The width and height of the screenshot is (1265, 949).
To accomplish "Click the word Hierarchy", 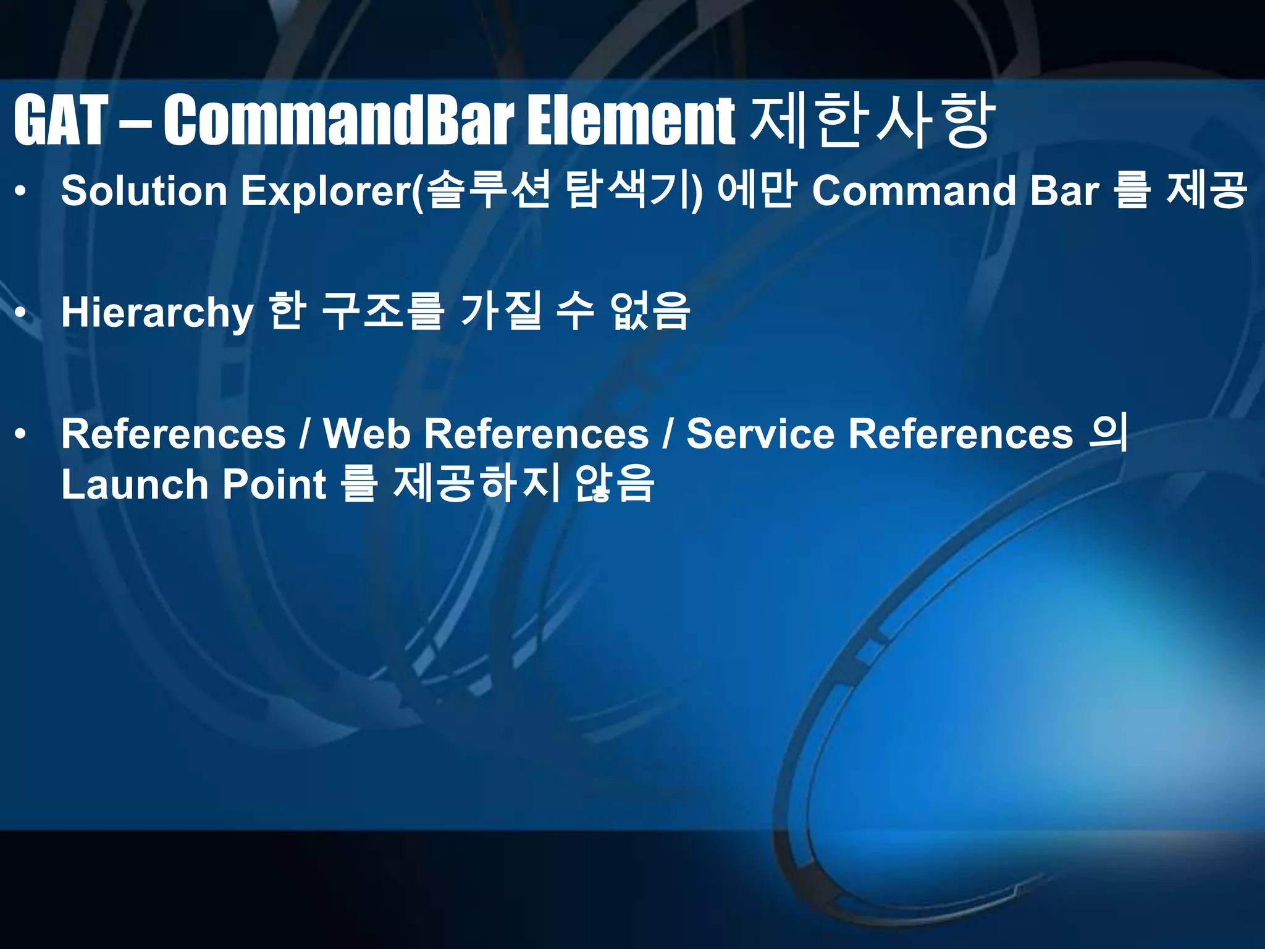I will tap(157, 313).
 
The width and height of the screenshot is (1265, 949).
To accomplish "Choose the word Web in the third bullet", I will tap(367, 434).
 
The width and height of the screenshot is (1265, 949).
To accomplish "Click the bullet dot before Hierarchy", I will tap(21, 313).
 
